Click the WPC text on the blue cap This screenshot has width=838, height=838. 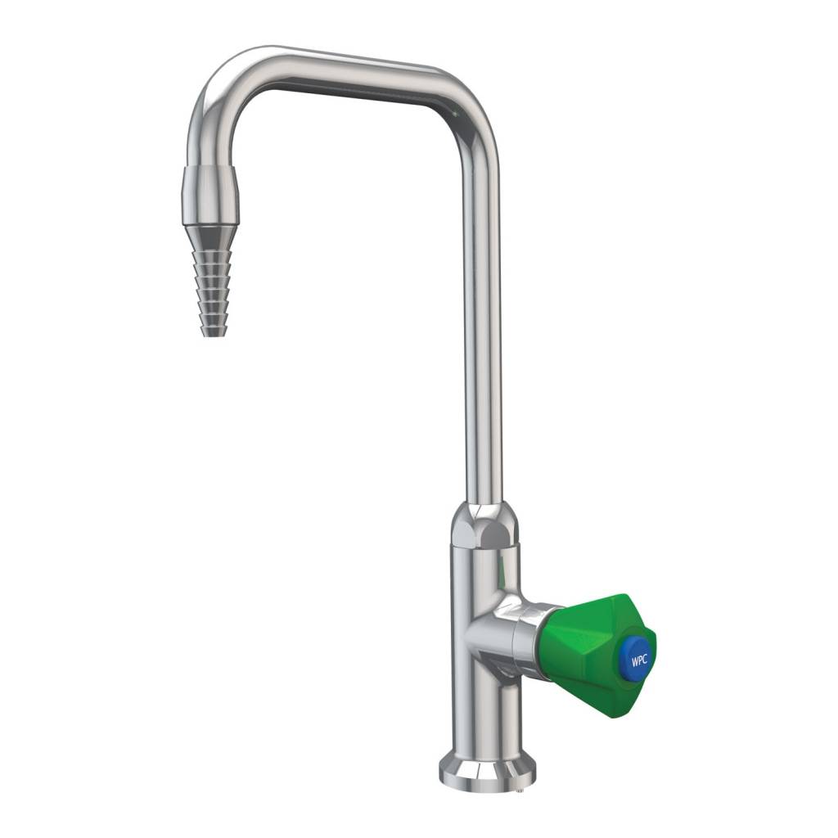point(638,656)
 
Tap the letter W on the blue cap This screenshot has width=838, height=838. point(633,656)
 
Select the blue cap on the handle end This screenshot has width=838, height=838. point(638,656)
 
